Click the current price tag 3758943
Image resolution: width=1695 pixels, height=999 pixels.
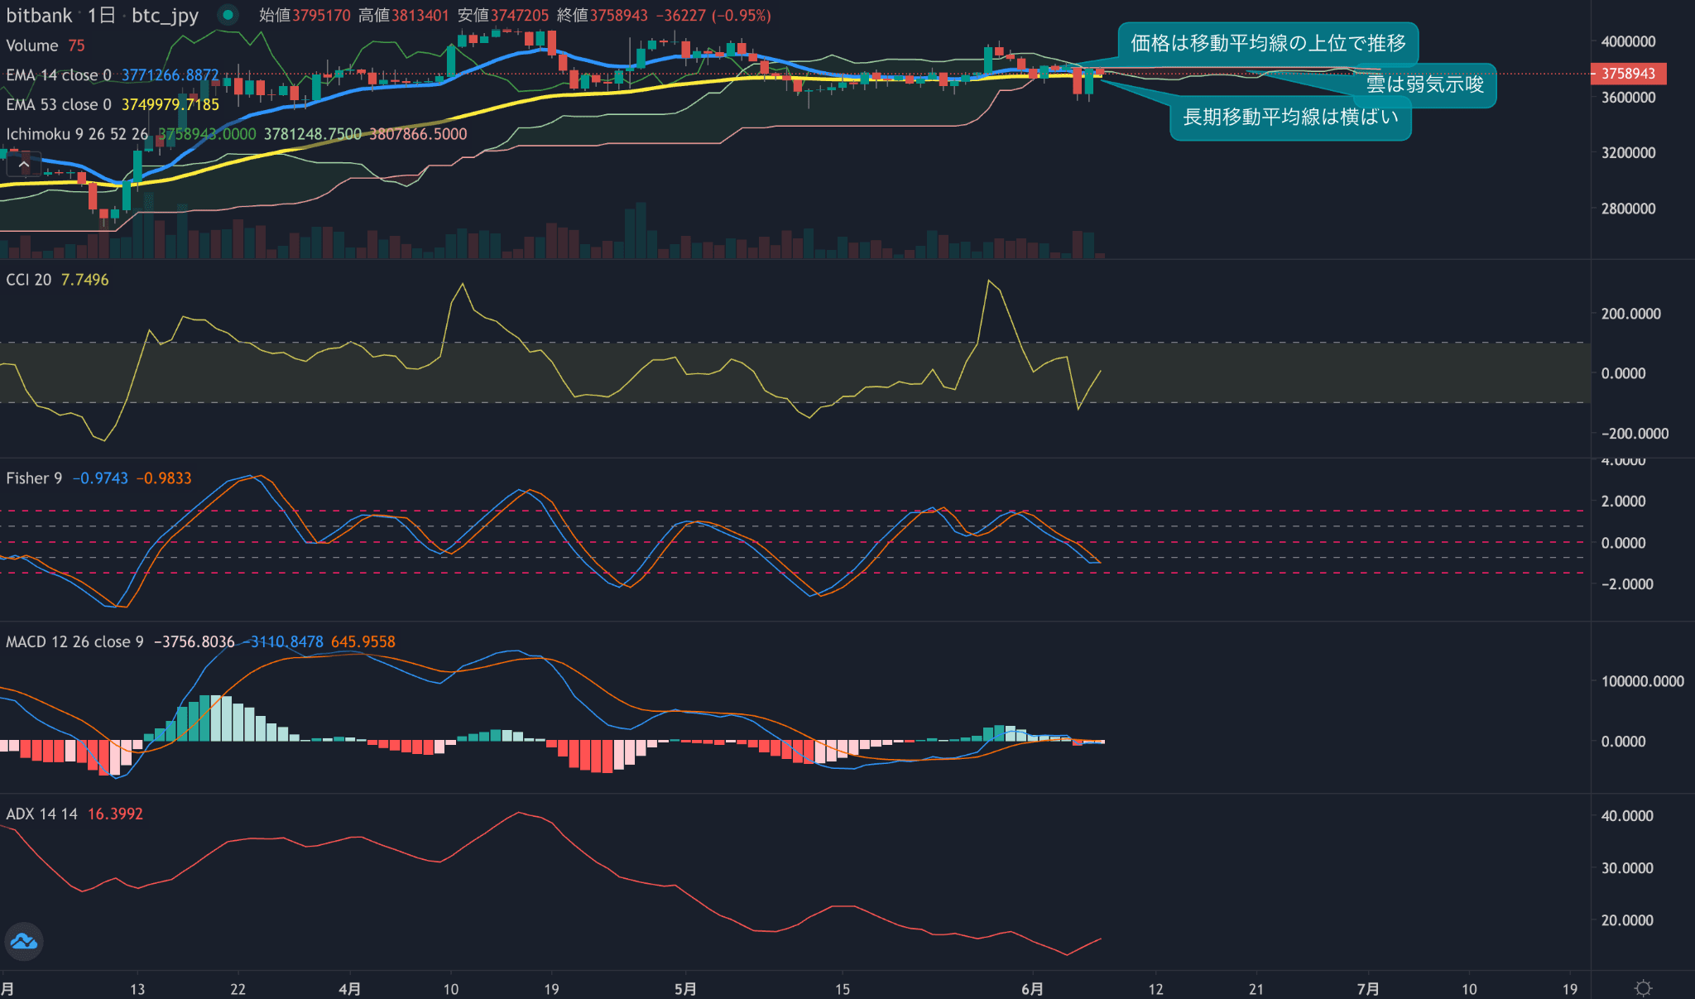point(1628,74)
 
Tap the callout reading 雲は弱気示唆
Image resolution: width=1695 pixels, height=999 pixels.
point(1424,84)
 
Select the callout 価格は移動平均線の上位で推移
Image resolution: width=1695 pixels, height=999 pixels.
point(1268,43)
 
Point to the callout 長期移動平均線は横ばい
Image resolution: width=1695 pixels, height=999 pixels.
point(1290,118)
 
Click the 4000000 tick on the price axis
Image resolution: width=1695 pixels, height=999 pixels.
point(1628,41)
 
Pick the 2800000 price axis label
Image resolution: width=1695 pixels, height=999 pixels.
point(1628,209)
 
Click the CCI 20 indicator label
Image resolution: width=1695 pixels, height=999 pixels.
point(29,280)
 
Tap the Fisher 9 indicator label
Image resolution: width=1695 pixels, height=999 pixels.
point(34,478)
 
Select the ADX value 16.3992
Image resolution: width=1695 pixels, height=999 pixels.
point(115,814)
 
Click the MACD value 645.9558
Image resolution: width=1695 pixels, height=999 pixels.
point(363,642)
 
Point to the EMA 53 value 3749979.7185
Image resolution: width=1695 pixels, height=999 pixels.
point(170,105)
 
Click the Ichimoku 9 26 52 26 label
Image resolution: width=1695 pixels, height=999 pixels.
point(77,134)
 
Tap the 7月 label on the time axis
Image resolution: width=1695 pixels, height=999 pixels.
point(1368,989)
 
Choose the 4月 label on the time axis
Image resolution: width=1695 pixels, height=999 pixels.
point(350,989)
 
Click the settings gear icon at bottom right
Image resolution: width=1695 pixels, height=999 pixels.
point(1643,988)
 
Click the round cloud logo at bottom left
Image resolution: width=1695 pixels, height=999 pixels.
point(24,942)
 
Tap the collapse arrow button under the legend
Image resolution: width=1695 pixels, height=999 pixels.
point(24,166)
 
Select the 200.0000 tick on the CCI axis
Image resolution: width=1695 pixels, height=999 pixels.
point(1630,314)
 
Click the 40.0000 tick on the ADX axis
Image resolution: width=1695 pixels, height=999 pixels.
point(1626,816)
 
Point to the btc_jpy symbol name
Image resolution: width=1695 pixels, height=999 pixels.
point(165,16)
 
